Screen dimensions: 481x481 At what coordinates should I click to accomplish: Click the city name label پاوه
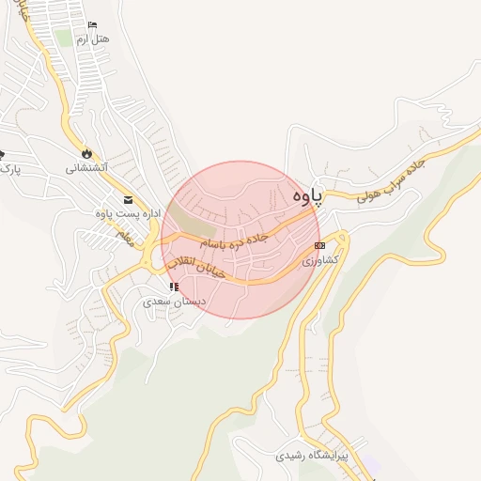[x=306, y=195]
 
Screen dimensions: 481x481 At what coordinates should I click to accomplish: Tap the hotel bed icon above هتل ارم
[x=91, y=25]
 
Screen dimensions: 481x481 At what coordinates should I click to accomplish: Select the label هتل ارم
[x=92, y=39]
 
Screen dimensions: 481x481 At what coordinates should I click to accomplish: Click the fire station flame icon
[x=86, y=153]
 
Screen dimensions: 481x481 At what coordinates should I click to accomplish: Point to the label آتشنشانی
[x=86, y=167]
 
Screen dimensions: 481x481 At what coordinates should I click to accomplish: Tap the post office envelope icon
[x=128, y=199]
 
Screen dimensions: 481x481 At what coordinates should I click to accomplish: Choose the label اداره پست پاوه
[x=123, y=213]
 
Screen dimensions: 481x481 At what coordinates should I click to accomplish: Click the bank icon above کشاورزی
[x=319, y=245]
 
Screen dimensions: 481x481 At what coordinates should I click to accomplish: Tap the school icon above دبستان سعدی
[x=173, y=287]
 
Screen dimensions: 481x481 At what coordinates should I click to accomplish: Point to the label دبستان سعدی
[x=172, y=303]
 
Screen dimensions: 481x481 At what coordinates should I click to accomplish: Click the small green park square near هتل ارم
[x=63, y=38]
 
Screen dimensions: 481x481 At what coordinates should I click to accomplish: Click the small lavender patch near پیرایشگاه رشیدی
[x=372, y=465]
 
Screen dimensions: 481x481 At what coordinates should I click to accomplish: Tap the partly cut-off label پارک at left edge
[x=8, y=169]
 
